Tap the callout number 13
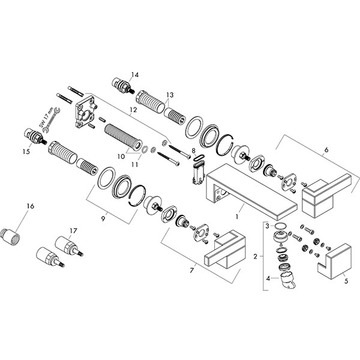pos(170,95)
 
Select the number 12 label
pos(133,110)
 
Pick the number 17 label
pos(73,230)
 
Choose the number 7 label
pos(191,271)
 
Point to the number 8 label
pos(193,151)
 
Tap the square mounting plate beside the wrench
pos(84,113)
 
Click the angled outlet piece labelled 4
pos(289,282)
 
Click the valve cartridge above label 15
pos(34,136)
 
